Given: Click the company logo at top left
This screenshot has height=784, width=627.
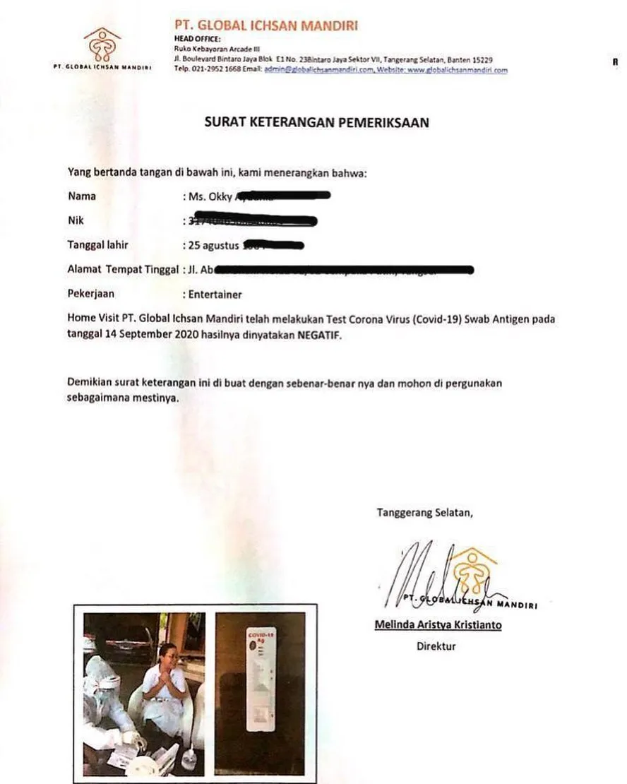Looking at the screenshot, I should [x=103, y=45].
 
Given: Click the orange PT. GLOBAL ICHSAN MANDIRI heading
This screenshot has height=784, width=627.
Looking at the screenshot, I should [x=265, y=26].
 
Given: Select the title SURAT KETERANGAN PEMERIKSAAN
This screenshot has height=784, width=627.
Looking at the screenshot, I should [x=316, y=122].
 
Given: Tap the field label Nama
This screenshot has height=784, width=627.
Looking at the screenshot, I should [x=81, y=196].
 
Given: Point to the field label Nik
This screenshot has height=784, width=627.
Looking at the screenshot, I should [x=76, y=220].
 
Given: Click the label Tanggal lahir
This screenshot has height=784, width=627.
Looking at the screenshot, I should [x=98, y=245].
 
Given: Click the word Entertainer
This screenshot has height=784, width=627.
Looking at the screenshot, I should [x=215, y=295].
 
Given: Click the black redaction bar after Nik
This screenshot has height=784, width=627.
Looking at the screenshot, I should [x=254, y=220].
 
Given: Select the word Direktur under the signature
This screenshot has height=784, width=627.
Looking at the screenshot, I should [x=436, y=646].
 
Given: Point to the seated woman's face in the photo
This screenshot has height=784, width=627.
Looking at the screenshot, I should [x=167, y=654].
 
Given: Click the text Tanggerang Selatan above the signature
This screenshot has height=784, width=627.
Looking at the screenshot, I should [x=424, y=513].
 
